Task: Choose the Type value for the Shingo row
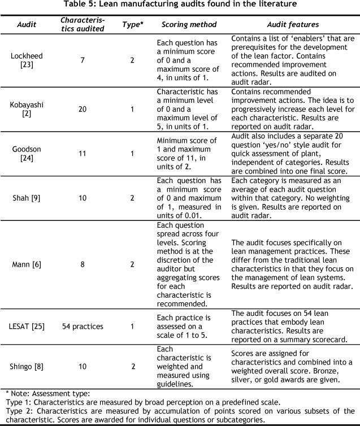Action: click(133, 366)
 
